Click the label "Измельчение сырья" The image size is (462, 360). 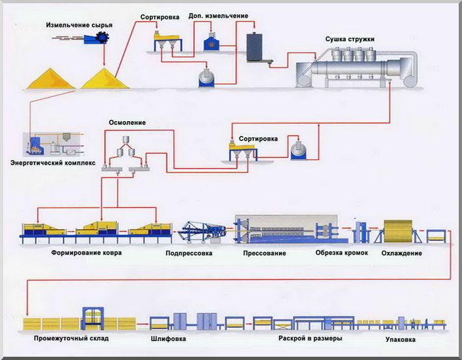coord(79,25)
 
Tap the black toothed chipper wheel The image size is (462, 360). coord(103,38)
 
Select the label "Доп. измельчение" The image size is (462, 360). coord(219,16)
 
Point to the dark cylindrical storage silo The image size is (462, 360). coord(254,47)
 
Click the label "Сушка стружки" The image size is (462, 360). coord(349,39)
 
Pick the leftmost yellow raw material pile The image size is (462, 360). coord(51,79)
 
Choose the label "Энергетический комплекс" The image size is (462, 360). coord(53,163)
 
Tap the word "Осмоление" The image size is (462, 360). coord(128,122)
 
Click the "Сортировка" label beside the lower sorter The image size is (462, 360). coord(258,139)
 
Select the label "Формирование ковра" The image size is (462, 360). coord(87,253)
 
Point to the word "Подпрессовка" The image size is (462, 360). coord(189,253)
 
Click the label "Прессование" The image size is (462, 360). coord(265,253)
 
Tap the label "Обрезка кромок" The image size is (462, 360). coord(342,253)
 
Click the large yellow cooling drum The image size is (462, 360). coord(398,231)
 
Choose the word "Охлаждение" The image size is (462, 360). coord(401,253)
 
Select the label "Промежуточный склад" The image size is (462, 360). coord(72,338)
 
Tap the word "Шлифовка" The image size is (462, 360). coord(169,339)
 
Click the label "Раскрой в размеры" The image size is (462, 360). coord(310,338)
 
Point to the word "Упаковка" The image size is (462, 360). coord(400,339)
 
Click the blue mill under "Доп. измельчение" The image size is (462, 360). coord(211,43)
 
